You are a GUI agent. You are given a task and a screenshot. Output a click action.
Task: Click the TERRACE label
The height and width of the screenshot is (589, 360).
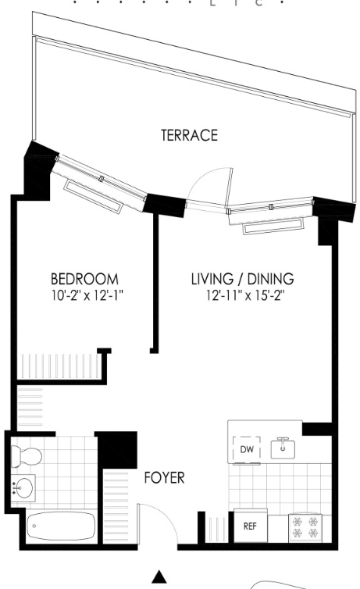pyautogui.click(x=189, y=135)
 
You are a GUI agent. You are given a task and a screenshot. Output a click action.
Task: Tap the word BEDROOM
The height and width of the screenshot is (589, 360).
pyautogui.click(x=84, y=279)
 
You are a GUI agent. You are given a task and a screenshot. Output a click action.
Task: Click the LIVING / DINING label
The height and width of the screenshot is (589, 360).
pyautogui.click(x=243, y=279)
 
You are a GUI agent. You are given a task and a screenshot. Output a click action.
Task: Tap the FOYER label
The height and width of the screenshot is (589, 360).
pyautogui.click(x=165, y=478)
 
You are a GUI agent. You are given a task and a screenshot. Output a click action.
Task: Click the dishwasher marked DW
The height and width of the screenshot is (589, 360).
pyautogui.click(x=247, y=450)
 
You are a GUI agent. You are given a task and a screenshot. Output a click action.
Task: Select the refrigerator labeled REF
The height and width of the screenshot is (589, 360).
pyautogui.click(x=251, y=526)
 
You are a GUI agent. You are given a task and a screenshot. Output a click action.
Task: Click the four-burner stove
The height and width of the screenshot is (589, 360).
pyautogui.click(x=305, y=528)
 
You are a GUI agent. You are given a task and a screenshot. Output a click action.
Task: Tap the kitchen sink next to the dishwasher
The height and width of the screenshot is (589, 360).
pyautogui.click(x=283, y=448)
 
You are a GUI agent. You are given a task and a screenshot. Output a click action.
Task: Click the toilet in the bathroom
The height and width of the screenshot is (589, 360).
pyautogui.click(x=26, y=456)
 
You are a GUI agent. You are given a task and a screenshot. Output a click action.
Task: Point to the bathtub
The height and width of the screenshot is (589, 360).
pyautogui.click(x=61, y=525)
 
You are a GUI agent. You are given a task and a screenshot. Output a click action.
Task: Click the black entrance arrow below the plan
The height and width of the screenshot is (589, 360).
pyautogui.click(x=159, y=577)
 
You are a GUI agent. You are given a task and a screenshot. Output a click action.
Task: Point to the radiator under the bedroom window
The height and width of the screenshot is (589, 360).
pyautogui.click(x=93, y=196)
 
